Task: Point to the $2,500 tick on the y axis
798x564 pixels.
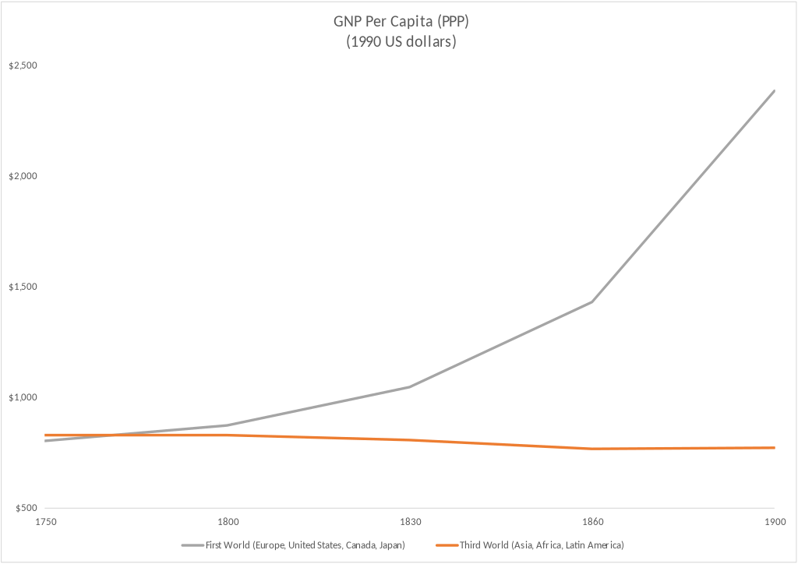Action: tap(23, 65)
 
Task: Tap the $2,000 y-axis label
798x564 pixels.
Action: tap(23, 176)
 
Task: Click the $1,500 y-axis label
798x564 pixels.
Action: tap(23, 287)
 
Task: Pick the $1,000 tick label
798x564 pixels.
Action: tap(23, 397)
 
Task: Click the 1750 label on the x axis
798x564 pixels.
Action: tap(45, 521)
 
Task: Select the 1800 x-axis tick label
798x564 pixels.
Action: tap(228, 521)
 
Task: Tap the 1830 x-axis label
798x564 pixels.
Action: tap(410, 521)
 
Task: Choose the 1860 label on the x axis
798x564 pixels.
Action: tap(592, 521)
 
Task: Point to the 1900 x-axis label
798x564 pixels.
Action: tap(774, 521)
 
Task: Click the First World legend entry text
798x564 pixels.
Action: tap(305, 545)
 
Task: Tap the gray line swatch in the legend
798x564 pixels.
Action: tap(192, 545)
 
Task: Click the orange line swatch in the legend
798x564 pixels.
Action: tap(447, 545)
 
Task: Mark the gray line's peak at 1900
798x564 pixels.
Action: tap(774, 90)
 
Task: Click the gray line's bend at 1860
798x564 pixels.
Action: tap(592, 301)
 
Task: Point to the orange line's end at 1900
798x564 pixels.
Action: tap(774, 448)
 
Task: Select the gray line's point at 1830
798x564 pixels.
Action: tap(410, 387)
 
